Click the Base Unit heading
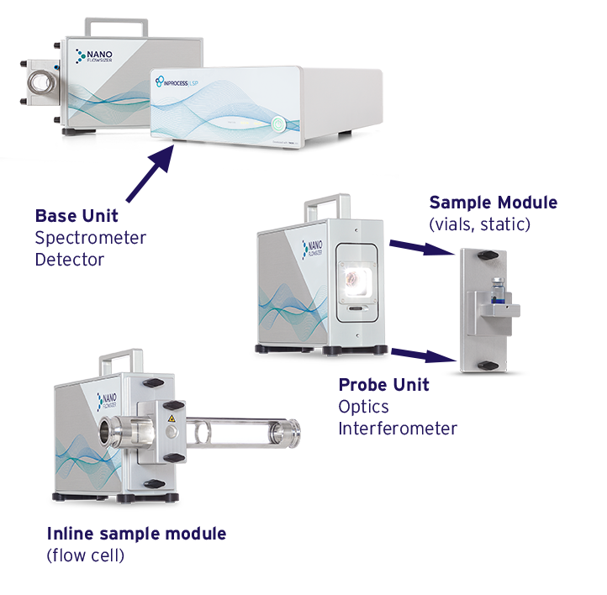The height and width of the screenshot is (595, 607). [77, 216]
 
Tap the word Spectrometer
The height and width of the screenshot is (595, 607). [91, 238]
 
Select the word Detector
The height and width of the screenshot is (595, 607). [70, 260]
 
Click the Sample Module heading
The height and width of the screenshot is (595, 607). [493, 203]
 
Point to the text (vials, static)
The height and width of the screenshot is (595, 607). [479, 224]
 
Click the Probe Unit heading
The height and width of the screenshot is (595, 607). [383, 385]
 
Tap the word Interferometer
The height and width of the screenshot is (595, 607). [398, 429]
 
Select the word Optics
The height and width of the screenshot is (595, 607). [365, 407]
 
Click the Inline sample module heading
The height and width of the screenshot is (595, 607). [136, 534]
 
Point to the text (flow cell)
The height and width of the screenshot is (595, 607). [86, 556]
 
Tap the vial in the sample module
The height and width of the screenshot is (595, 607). [499, 289]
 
